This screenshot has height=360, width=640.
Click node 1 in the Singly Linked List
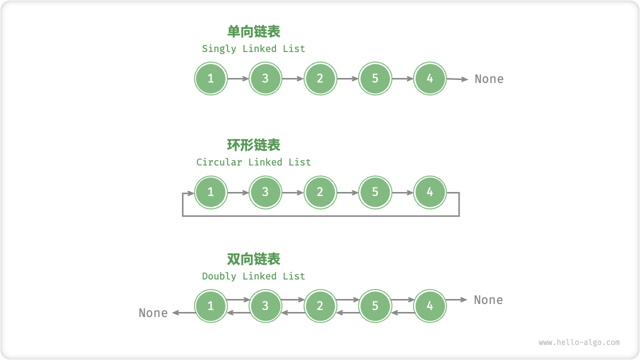pos(210,78)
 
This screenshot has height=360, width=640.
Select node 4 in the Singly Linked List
pos(430,78)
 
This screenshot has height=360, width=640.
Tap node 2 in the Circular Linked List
pos(320,192)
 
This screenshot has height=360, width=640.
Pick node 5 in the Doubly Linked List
pos(375,306)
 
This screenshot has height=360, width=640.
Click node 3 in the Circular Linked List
pos(265,192)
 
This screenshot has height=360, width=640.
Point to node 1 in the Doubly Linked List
pos(210,306)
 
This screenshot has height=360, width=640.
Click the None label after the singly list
pos(488,79)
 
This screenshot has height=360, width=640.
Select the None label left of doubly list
pos(153,313)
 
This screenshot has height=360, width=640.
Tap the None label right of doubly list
pos(488,300)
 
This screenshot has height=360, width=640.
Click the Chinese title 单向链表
pos(253,31)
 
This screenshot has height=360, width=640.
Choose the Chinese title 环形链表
pos(253,145)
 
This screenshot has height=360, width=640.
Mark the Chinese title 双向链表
pos(253,259)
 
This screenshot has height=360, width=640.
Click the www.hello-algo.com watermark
pos(579,342)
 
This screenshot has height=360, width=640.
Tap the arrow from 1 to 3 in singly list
pos(238,78)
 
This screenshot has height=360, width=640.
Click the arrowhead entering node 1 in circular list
pos(190,192)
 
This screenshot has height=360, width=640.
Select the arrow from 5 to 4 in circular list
pos(402,192)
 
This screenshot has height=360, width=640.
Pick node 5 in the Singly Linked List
pos(375,78)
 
